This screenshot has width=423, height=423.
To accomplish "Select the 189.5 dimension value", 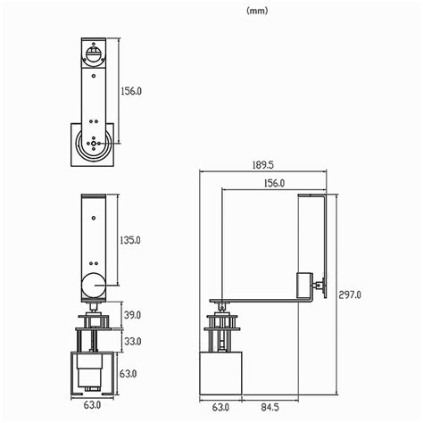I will pyautogui.click(x=261, y=166).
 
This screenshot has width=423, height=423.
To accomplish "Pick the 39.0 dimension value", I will pyautogui.click(x=132, y=315).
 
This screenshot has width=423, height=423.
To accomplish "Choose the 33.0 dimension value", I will pyautogui.click(x=132, y=341).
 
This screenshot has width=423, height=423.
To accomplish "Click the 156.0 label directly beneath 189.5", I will pyautogui.click(x=274, y=183).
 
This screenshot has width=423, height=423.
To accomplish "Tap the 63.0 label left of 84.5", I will pyautogui.click(x=221, y=407).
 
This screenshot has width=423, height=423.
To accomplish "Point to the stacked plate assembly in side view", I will pyautogui.click(x=221, y=330).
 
